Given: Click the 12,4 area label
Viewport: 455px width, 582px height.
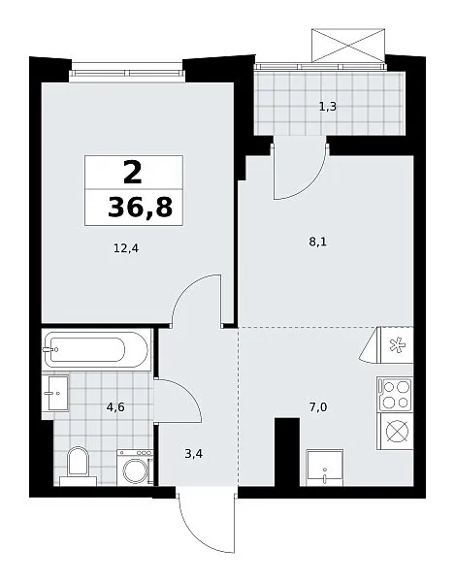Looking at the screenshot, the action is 126,248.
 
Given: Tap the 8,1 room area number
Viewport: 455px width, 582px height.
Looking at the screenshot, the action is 318,242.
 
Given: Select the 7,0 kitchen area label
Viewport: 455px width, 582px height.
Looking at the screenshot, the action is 318,407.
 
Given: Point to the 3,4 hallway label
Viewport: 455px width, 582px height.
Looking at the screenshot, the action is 193,454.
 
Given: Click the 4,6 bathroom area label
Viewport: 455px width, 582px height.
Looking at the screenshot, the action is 115,407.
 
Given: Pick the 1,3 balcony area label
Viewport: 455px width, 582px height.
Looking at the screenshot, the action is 328,107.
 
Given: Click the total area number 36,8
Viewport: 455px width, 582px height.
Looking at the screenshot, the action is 140,208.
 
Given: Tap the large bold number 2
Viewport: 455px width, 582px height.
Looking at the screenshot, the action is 133,173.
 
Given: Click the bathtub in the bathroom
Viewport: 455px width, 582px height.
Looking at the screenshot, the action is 96,349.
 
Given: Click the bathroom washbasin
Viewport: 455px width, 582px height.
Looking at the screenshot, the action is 55,393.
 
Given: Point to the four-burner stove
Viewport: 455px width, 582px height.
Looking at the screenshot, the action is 395,395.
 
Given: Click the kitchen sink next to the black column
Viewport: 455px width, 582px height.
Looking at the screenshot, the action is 325,468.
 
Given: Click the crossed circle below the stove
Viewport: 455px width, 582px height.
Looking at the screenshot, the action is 397,432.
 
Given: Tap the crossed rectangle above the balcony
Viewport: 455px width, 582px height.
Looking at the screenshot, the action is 348,45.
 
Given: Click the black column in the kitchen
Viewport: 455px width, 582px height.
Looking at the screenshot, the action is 287,452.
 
